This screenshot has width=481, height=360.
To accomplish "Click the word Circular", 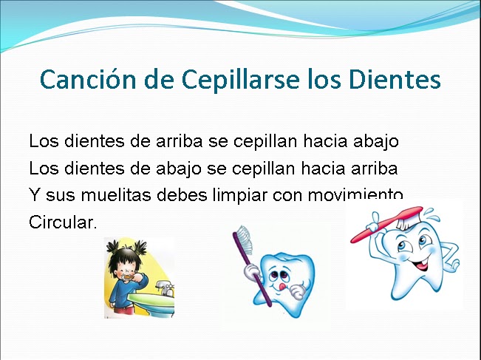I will click(x=64, y=223).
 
